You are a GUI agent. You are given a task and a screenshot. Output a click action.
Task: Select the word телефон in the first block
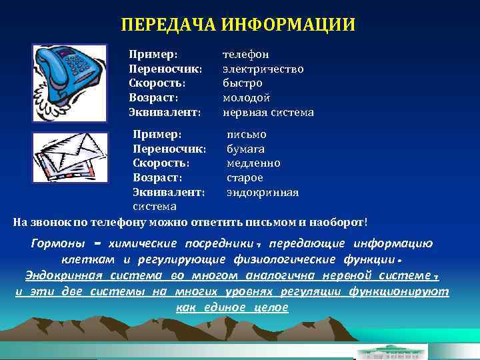pyautogui.click(x=245, y=53)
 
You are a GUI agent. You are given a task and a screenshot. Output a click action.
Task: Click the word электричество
pyautogui.click(x=263, y=68)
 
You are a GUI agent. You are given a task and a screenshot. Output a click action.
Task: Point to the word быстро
pyautogui.click(x=242, y=83)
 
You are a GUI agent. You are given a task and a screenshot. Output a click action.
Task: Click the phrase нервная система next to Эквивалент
pyautogui.click(x=267, y=112)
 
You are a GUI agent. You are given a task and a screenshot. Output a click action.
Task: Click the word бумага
pyautogui.click(x=245, y=149)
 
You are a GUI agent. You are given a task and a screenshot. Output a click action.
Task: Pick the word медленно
pyautogui.click(x=253, y=163)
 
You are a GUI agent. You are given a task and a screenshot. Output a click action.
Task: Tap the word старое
pyautogui.click(x=245, y=178)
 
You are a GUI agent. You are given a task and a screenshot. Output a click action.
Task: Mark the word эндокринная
pyautogui.click(x=262, y=193)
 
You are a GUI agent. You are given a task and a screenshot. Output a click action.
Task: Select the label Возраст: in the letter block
pyautogui.click(x=157, y=178)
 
